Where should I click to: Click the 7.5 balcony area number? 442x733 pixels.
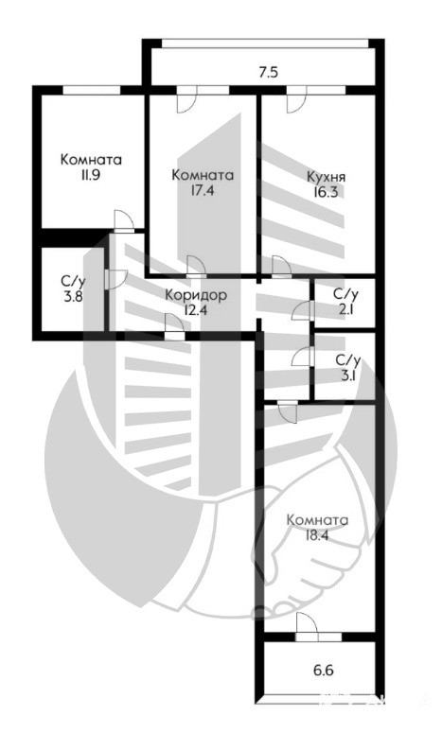pyautogui.click(x=268, y=72)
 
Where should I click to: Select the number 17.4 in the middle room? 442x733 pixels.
pyautogui.click(x=203, y=191)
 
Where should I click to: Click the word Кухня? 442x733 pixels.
pyautogui.click(x=326, y=177)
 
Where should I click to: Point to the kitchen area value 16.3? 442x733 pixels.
pyautogui.click(x=326, y=192)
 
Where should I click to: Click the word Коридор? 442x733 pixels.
pyautogui.click(x=197, y=295)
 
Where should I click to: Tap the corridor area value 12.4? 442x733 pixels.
pyautogui.click(x=197, y=310)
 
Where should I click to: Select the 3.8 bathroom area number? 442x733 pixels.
pyautogui.click(x=74, y=296)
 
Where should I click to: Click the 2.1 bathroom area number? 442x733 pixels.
pyautogui.click(x=345, y=308)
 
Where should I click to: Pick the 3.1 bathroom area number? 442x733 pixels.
pyautogui.click(x=348, y=375)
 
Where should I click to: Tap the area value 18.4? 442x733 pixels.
pyautogui.click(x=317, y=534)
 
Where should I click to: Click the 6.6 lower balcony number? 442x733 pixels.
pyautogui.click(x=323, y=672)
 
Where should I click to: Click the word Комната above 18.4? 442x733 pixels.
pyautogui.click(x=317, y=520)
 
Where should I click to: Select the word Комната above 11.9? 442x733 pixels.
pyautogui.click(x=91, y=160)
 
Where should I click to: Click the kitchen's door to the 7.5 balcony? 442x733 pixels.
pyautogui.click(x=296, y=99)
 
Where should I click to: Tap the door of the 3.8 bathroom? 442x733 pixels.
pyautogui.click(x=115, y=280)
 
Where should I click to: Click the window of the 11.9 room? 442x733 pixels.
pyautogui.click(x=92, y=90)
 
